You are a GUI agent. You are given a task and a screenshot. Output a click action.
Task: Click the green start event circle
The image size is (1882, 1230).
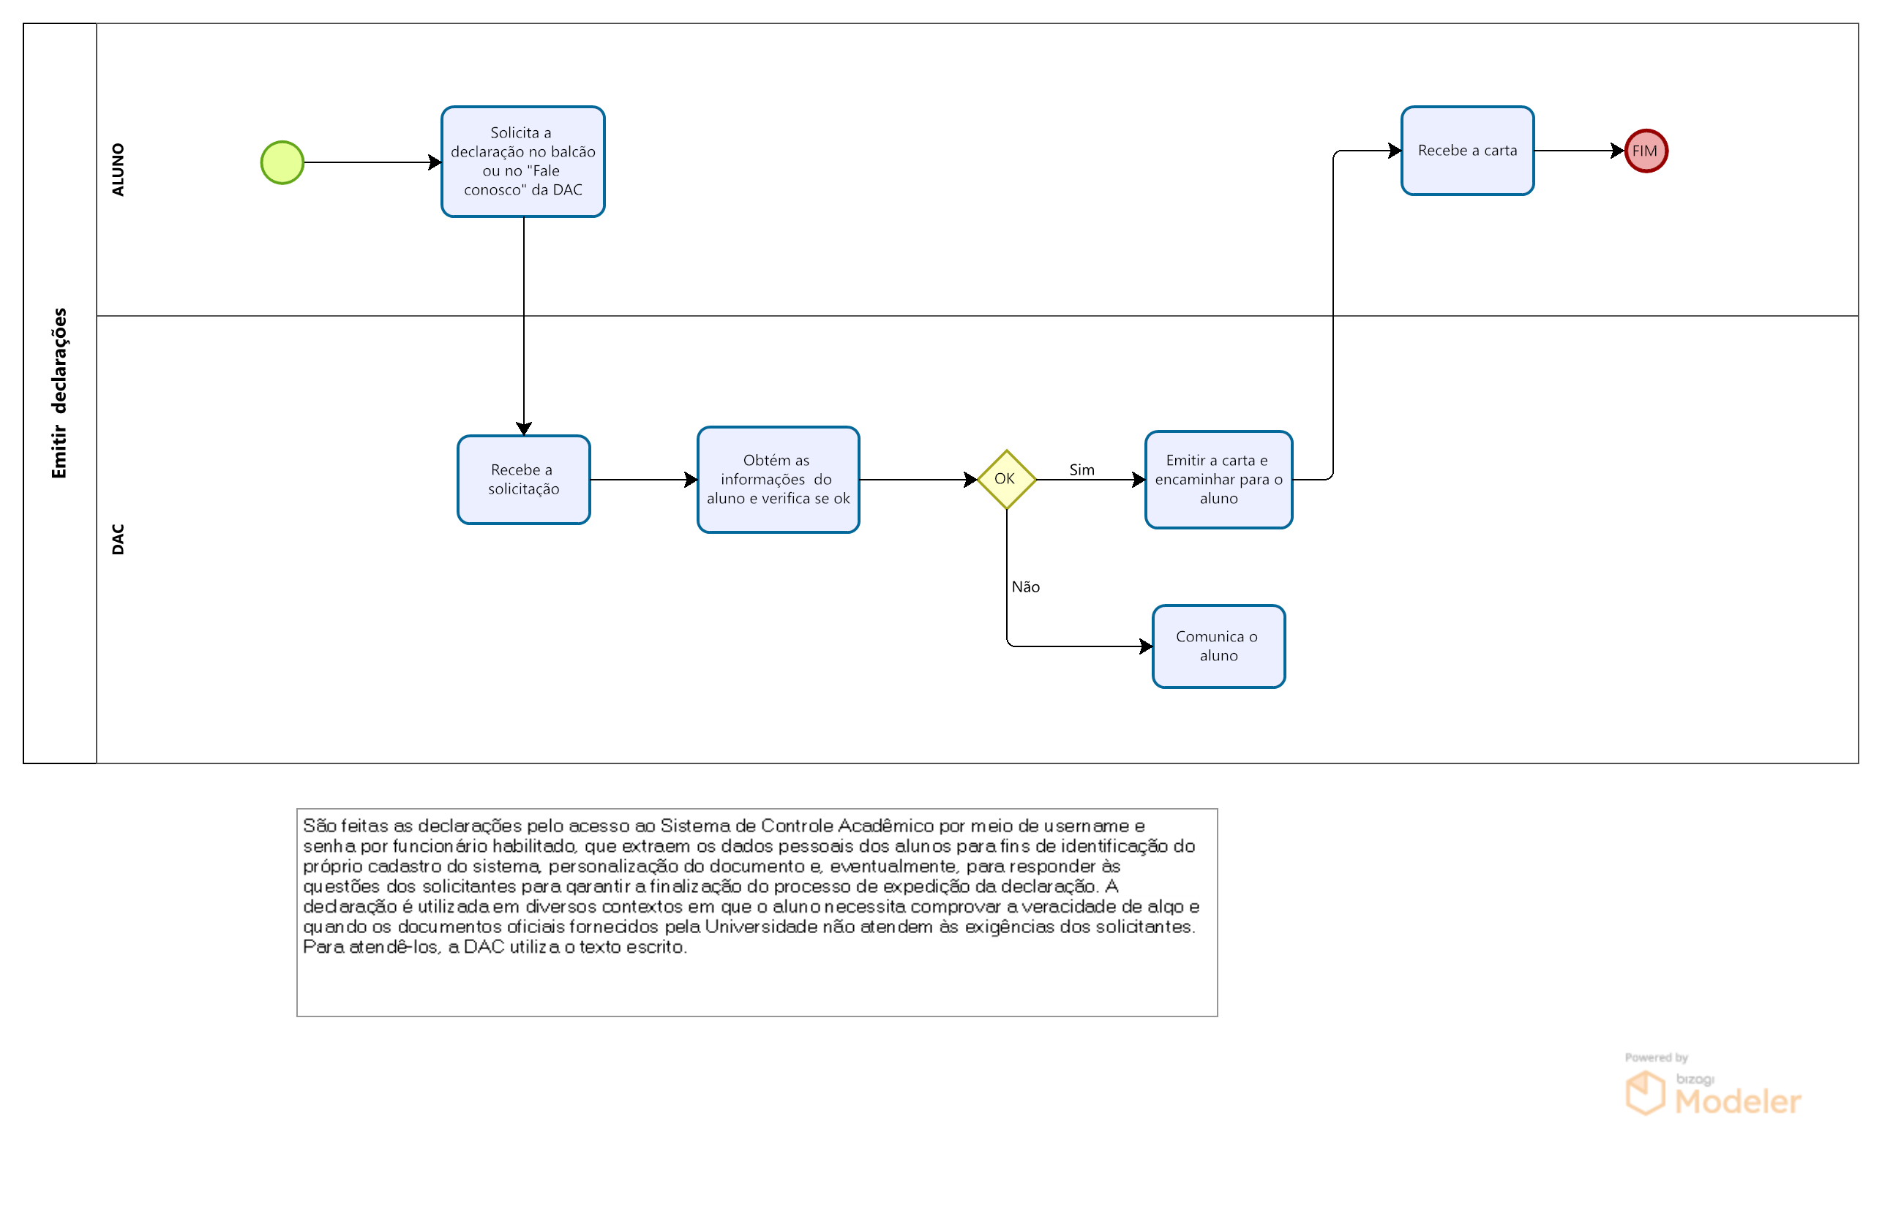coord(282,163)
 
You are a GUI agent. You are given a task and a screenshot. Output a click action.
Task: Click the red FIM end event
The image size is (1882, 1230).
coord(1646,151)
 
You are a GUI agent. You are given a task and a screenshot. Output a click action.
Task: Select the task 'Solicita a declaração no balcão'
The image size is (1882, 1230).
coord(523,162)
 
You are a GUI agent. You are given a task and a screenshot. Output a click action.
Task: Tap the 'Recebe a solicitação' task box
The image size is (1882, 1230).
coord(523,480)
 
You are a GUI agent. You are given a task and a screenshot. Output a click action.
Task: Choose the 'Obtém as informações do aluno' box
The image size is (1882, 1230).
coord(779,480)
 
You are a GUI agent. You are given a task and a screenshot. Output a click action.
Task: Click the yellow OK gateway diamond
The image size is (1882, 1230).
coord(1007,480)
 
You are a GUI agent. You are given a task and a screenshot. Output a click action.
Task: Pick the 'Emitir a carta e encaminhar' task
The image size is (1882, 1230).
coord(1218,480)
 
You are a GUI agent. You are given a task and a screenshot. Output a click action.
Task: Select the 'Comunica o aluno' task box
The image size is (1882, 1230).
coord(1218,646)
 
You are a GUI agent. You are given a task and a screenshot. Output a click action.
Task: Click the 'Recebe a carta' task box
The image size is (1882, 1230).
coord(1468,151)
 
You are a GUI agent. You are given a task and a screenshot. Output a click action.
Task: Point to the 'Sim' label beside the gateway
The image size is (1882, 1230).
coord(1081,470)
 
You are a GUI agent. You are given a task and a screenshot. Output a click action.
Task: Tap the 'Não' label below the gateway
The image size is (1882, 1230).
coord(1026,587)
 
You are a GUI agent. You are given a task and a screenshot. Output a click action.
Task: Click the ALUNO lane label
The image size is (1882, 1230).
coord(118,170)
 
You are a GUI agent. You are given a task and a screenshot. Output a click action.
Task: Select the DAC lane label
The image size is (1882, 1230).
coord(118,539)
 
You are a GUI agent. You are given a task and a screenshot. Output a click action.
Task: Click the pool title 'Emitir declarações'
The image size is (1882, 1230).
coord(59,393)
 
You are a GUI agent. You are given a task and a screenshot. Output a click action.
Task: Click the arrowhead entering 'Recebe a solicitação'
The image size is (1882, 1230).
coord(523,429)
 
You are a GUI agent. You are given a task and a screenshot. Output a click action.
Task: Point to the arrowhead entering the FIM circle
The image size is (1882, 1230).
coord(1618,151)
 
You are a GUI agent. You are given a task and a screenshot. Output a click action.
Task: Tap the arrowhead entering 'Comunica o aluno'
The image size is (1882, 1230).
coord(1147,646)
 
